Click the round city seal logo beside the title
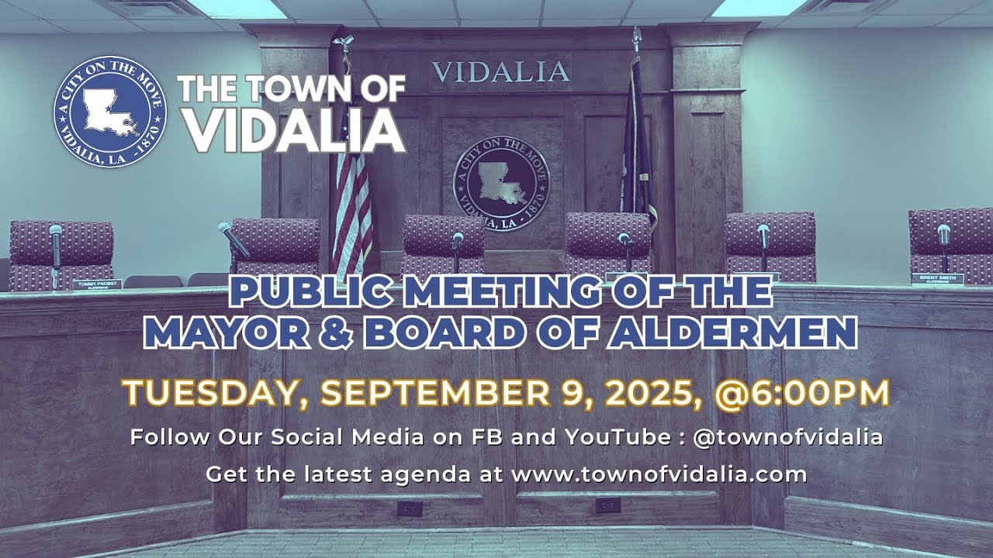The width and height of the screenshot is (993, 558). [x=109, y=112]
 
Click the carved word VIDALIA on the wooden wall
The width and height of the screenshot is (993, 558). [x=500, y=72]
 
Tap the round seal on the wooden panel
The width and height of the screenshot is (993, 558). [x=500, y=181]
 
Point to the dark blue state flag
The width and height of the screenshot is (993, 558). [x=636, y=147]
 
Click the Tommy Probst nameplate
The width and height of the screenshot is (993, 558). [x=97, y=284]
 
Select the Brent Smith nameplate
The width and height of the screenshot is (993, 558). [x=937, y=279]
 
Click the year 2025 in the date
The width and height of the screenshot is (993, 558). [x=649, y=394]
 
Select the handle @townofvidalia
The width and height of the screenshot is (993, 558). [x=787, y=437]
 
